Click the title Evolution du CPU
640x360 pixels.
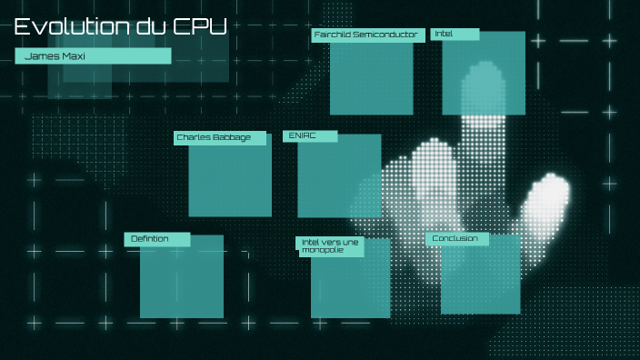pyautogui.click(x=120, y=26)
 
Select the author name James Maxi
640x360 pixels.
pyautogui.click(x=51, y=56)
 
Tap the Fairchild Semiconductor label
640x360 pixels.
pyautogui.click(x=365, y=35)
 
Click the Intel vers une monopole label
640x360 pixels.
pyautogui.click(x=330, y=246)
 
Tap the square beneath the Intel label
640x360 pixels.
pyautogui.click(x=484, y=77)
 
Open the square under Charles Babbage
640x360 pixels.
pyautogui.click(x=230, y=180)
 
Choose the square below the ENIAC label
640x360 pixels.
pyautogui.click(x=339, y=180)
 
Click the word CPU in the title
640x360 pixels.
pyautogui.click(x=200, y=26)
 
